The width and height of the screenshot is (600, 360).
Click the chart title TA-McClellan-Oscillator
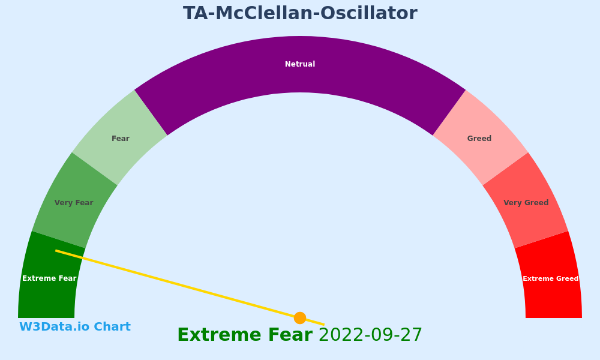[300, 13]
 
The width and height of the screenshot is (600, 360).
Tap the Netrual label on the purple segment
[300, 64]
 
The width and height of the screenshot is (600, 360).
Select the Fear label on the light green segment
[121, 139]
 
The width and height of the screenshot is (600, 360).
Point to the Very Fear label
[74, 203]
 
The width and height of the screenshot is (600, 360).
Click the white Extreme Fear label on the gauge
[49, 278]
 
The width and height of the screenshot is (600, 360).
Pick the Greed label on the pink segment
[479, 139]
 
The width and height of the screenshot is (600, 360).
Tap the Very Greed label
[526, 203]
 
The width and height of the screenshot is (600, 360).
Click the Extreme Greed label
[551, 278]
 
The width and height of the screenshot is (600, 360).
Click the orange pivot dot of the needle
[300, 318]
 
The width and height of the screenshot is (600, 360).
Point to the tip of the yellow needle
[56, 251]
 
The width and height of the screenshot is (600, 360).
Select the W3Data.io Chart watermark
[75, 327]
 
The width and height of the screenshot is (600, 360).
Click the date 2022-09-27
[370, 335]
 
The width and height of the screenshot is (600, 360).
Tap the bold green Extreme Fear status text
[245, 335]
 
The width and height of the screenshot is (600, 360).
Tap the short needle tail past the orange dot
[316, 322]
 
